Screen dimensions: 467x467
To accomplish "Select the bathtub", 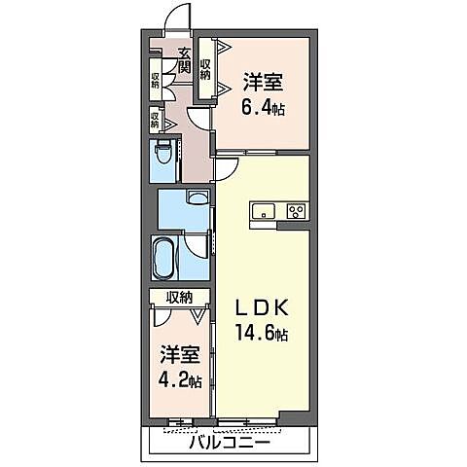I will [x=164, y=258].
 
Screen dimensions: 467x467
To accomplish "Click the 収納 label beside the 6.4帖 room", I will [x=206, y=69].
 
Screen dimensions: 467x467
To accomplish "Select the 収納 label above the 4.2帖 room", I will [x=178, y=297].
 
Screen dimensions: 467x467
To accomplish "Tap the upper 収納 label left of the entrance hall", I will [x=156, y=80].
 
